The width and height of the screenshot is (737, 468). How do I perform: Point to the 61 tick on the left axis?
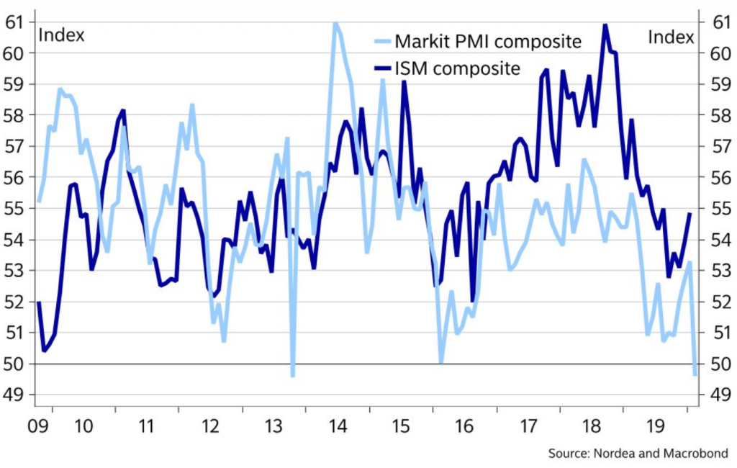click(x=14, y=22)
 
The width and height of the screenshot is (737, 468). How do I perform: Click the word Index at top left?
click(x=61, y=35)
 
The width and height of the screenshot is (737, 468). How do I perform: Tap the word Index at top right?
click(x=672, y=37)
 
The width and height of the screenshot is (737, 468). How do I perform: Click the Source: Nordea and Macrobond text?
click(x=638, y=454)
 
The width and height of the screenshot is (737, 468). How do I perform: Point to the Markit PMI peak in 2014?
click(x=335, y=23)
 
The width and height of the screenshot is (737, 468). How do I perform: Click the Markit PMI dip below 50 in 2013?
click(x=292, y=375)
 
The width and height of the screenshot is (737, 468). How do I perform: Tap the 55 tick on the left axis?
click(x=14, y=209)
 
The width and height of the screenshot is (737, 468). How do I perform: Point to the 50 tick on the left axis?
click(x=14, y=364)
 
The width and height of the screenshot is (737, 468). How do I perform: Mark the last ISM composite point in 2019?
click(x=689, y=214)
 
